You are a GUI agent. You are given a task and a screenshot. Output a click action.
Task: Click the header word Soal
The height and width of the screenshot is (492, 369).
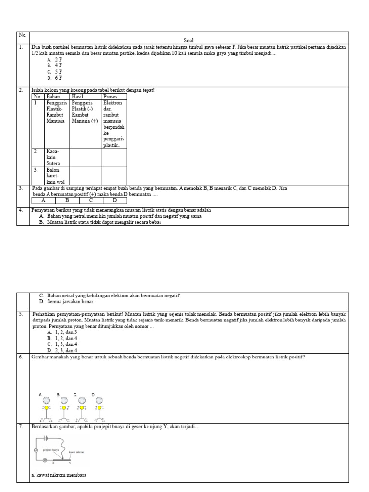188,41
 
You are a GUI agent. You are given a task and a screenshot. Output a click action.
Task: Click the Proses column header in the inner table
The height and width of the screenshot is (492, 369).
110,97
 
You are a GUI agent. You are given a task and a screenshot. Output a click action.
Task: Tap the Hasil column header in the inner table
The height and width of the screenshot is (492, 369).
77,97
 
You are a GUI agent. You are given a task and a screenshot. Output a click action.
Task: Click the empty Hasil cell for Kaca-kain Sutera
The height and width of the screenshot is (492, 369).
85,157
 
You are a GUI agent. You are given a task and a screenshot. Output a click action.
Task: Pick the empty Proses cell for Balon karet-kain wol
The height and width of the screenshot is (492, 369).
114,176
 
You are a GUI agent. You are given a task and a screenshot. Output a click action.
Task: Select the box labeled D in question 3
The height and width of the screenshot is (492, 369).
115,201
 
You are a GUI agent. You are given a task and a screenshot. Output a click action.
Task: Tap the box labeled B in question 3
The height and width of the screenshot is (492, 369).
67,201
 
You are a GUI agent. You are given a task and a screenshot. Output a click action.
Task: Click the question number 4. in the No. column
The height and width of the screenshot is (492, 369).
21,210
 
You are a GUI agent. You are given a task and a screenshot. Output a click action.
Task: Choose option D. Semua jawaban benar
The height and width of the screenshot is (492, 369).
70,302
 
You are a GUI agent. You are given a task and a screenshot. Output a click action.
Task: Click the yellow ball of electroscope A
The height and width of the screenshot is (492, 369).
47,408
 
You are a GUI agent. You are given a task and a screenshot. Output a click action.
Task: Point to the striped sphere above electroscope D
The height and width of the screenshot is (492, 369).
99,400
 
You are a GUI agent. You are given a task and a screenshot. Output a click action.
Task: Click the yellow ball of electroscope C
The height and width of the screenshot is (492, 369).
82,408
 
